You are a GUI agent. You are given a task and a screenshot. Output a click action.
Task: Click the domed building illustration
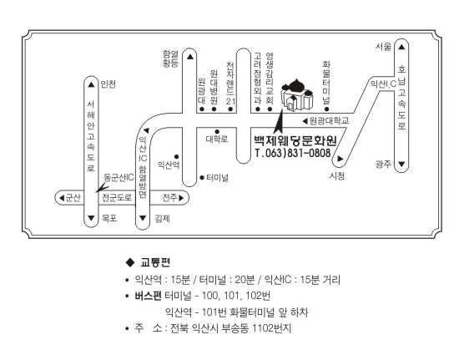click(297, 94)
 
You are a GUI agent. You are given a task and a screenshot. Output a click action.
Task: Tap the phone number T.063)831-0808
click(293, 153)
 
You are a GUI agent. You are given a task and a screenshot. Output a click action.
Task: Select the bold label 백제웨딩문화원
click(295, 140)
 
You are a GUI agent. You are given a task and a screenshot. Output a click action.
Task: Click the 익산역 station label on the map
click(169, 165)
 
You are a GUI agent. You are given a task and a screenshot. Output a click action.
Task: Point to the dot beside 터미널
click(202, 178)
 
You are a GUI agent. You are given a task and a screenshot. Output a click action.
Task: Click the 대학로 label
click(217, 139)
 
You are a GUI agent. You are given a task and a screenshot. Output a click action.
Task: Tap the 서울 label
click(384, 46)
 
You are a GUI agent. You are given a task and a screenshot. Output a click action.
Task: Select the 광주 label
click(384, 164)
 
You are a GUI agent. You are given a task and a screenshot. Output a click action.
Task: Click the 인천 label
click(108, 84)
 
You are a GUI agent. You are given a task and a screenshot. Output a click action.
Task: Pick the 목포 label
click(109, 218)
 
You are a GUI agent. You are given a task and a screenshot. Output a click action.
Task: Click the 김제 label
click(162, 218)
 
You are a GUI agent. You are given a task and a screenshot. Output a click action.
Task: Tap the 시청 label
click(337, 175)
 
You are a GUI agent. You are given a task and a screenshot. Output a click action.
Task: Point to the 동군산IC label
click(119, 178)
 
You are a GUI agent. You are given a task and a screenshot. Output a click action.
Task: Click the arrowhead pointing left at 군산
click(62, 198)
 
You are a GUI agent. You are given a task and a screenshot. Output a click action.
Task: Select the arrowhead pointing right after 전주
click(181, 198)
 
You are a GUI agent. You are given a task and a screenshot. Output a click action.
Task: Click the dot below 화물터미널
click(326, 109)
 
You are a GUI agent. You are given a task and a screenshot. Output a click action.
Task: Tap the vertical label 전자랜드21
click(230, 83)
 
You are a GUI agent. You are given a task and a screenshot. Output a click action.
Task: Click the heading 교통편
click(155, 262)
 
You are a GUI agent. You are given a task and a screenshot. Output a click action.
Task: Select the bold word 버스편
click(148, 296)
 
